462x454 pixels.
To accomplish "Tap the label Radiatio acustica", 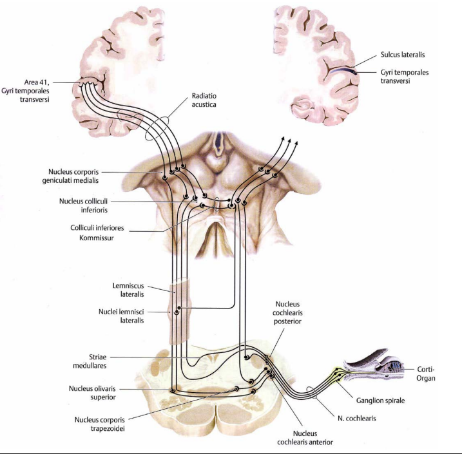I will pos(205,100).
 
